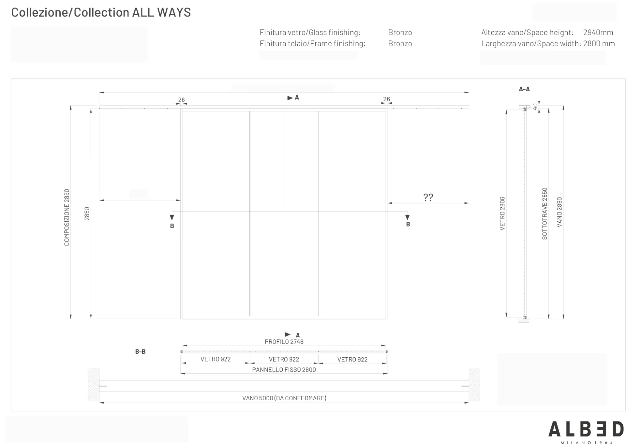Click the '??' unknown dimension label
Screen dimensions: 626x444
click(x=428, y=197)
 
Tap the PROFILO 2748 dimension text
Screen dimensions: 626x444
click(x=284, y=342)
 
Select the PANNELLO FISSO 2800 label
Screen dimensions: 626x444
click(x=284, y=370)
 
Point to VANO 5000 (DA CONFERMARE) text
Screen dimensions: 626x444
click(x=284, y=398)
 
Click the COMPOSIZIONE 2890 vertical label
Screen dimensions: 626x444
click(x=67, y=217)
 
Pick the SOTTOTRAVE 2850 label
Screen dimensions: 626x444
click(x=544, y=214)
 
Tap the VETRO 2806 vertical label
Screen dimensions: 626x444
click(x=502, y=214)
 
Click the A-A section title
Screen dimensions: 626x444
click(x=524, y=89)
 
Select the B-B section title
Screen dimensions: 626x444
click(x=140, y=351)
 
